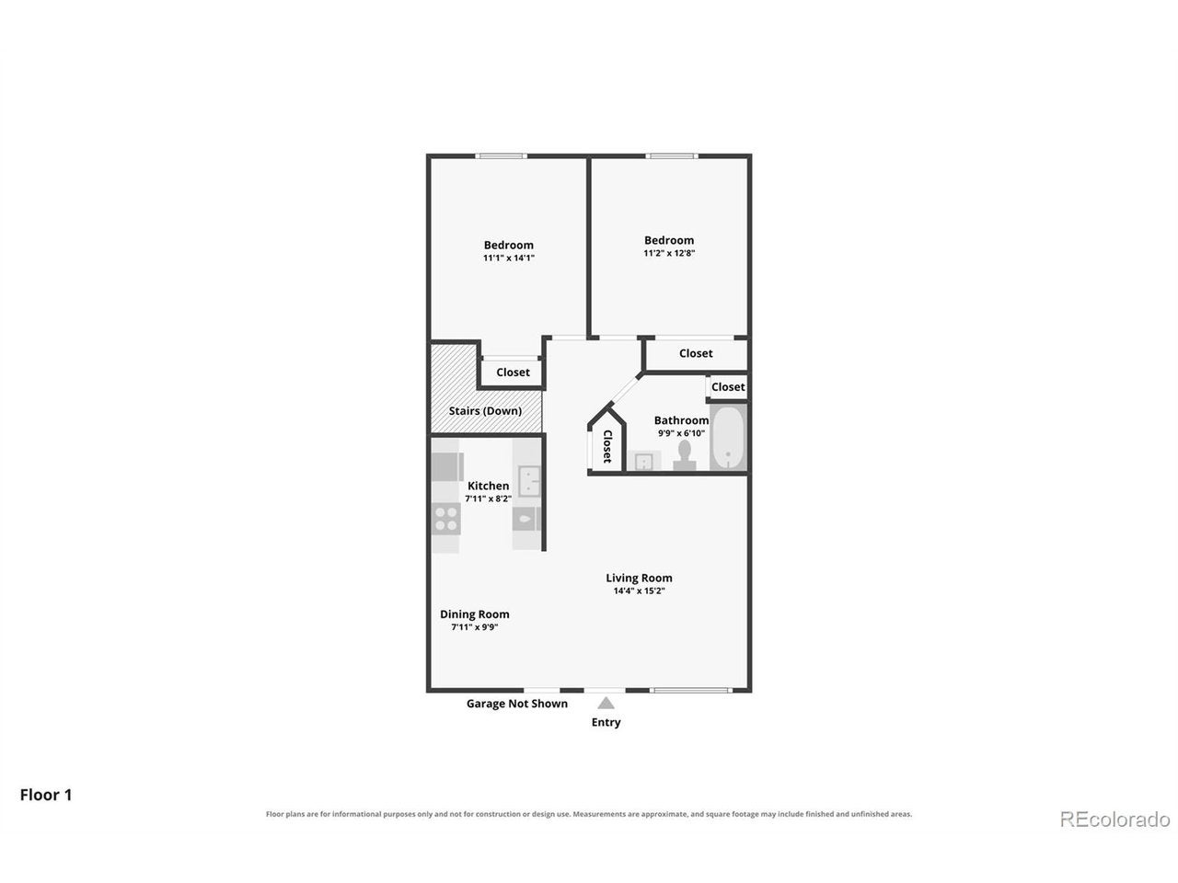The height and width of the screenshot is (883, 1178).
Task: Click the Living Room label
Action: (x=639, y=578)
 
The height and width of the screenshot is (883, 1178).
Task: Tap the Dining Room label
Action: (x=474, y=614)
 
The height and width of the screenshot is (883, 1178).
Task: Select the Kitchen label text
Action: (x=488, y=486)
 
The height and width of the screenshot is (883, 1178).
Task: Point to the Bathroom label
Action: (x=681, y=420)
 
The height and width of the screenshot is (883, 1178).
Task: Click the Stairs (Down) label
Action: (x=485, y=410)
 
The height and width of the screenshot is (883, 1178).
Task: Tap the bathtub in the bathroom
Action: (x=728, y=438)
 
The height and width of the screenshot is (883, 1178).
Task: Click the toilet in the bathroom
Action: (x=685, y=455)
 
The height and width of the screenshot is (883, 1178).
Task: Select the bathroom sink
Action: (x=643, y=461)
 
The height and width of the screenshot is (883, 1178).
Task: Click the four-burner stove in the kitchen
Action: (x=446, y=519)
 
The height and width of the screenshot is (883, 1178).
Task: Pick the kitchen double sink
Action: (x=529, y=481)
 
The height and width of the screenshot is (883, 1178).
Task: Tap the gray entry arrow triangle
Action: (x=606, y=703)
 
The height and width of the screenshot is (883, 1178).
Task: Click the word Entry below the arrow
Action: (x=606, y=722)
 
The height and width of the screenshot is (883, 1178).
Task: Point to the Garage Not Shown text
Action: (x=517, y=704)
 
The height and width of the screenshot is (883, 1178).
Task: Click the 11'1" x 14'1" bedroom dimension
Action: (x=509, y=258)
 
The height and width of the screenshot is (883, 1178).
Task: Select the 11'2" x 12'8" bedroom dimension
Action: (x=669, y=253)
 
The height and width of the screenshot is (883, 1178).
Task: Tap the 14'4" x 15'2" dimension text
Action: (x=640, y=591)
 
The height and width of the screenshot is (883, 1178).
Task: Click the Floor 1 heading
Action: (x=46, y=795)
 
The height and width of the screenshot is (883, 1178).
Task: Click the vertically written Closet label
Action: (x=607, y=446)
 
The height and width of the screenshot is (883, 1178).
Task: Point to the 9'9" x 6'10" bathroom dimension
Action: (x=682, y=433)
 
